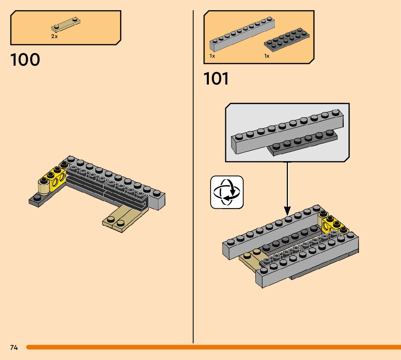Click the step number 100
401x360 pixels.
(25, 60)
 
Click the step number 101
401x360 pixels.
(216, 78)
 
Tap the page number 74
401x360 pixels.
(14, 347)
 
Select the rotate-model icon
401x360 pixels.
(227, 192)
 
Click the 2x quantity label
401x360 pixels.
(54, 36)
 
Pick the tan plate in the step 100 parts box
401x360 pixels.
(66, 24)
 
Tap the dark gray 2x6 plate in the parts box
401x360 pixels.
(287, 40)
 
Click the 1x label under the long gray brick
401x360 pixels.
(212, 56)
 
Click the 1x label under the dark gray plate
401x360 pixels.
(267, 56)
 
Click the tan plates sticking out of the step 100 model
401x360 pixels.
(125, 218)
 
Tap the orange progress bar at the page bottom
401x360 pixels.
(214, 347)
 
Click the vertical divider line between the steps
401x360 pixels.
(193, 177)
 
